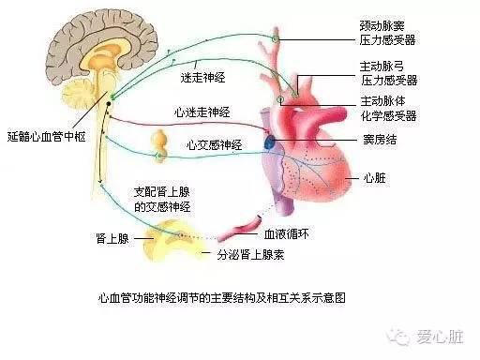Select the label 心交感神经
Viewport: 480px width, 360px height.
[x=215, y=144]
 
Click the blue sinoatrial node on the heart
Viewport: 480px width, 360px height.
[x=271, y=141]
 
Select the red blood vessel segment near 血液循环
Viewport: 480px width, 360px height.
[x=247, y=225]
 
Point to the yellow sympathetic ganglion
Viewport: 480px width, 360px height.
[x=160, y=140]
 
